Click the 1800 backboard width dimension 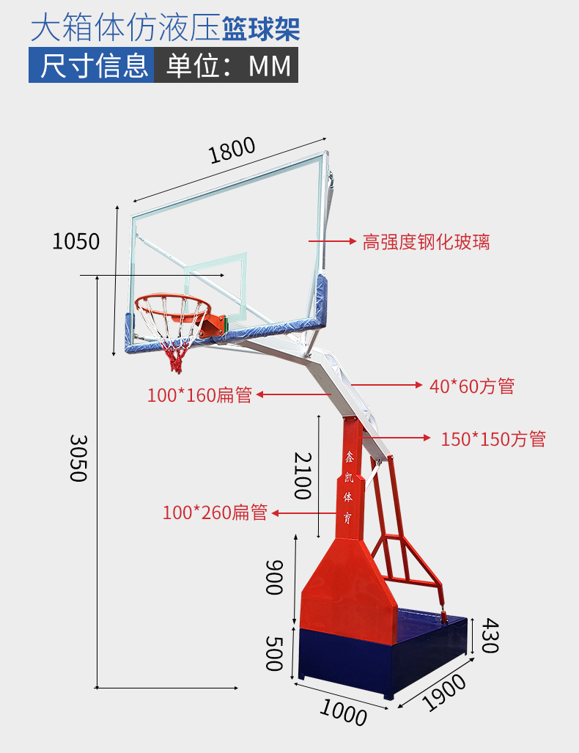pyautogui.click(x=232, y=150)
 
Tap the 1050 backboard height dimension pyautogui.click(x=75, y=241)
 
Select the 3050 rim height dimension pyautogui.click(x=78, y=458)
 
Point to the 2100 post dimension pyautogui.click(x=303, y=475)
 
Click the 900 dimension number pyautogui.click(x=274, y=577)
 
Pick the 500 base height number pyautogui.click(x=274, y=653)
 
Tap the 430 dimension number pyautogui.click(x=490, y=636)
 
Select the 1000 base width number pyautogui.click(x=343, y=712)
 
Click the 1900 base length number pyautogui.click(x=444, y=692)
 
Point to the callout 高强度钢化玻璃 pyautogui.click(x=426, y=241)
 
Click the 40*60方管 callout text pyautogui.click(x=472, y=386)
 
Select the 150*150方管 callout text pyautogui.click(x=493, y=439)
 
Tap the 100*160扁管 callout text pyautogui.click(x=200, y=394)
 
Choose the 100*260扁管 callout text pyautogui.click(x=215, y=513)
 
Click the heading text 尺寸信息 pyautogui.click(x=94, y=65)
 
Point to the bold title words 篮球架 pyautogui.click(x=261, y=29)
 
